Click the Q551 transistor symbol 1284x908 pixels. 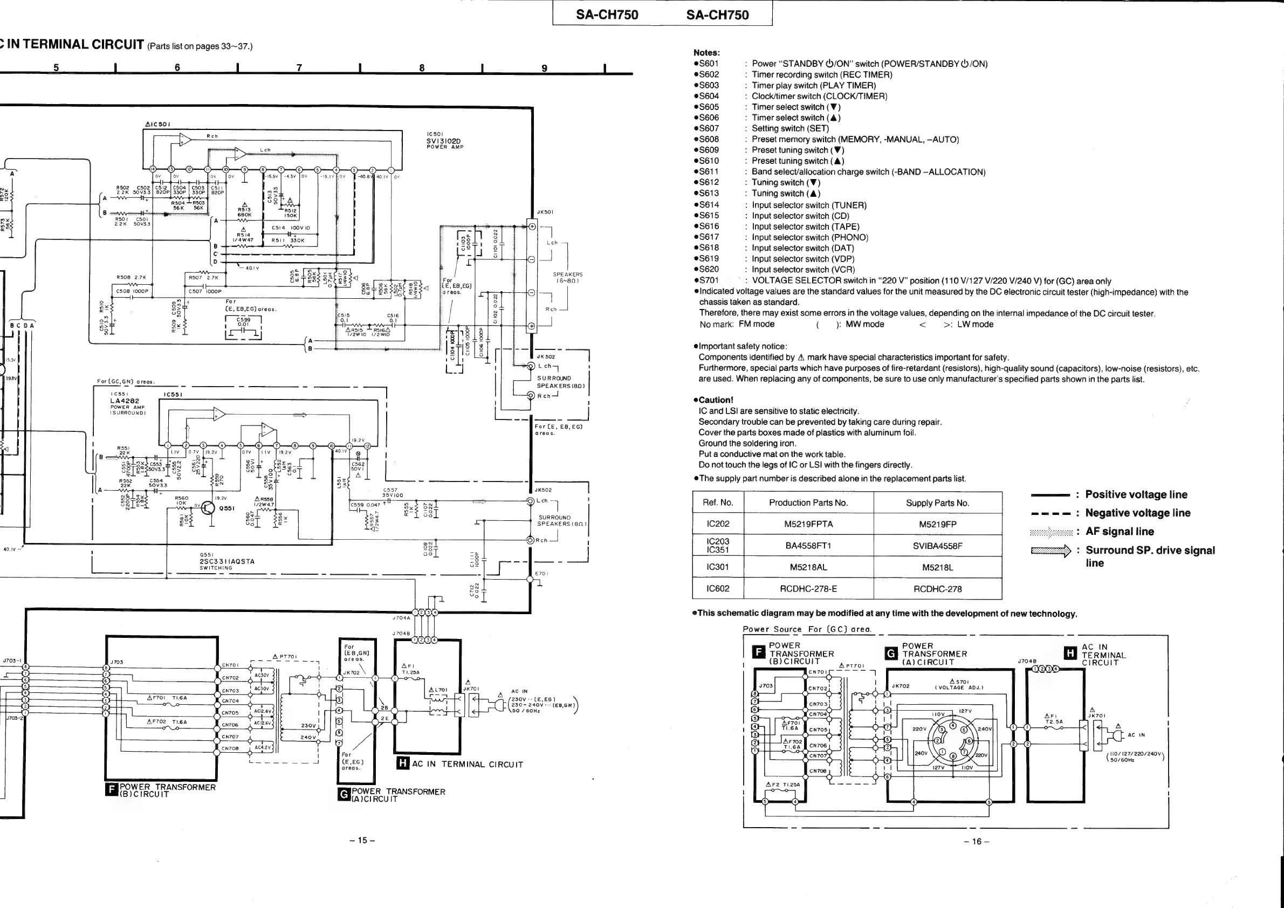pyautogui.click(x=208, y=508)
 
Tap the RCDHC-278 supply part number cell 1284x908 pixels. pyautogui.click(x=937, y=589)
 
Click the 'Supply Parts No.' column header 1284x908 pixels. pyautogui.click(x=937, y=503)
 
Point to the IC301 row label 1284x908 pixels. pyautogui.click(x=717, y=567)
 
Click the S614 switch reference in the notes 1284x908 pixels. pyautogui.click(x=709, y=205)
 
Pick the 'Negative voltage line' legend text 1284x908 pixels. pyautogui.click(x=1137, y=513)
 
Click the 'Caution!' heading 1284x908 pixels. pyautogui.click(x=716, y=400)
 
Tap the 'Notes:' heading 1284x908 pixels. pyautogui.click(x=707, y=52)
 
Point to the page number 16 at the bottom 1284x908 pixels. pyautogui.click(x=977, y=841)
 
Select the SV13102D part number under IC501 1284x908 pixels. pyautogui.click(x=443, y=141)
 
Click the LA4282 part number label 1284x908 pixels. pyautogui.click(x=124, y=400)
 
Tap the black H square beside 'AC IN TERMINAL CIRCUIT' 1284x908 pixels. pyautogui.click(x=403, y=762)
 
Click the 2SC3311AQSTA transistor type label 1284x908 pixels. pyautogui.click(x=226, y=561)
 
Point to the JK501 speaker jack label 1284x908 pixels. pyautogui.click(x=545, y=212)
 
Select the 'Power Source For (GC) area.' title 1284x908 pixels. pyautogui.click(x=806, y=629)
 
